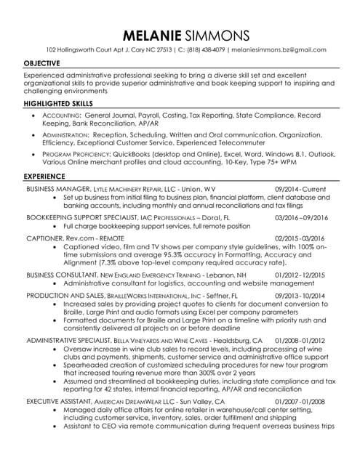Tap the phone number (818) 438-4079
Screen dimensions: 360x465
[203, 50]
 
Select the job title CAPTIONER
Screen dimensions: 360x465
[44, 238]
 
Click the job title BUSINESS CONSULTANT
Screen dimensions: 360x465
[58, 277]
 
